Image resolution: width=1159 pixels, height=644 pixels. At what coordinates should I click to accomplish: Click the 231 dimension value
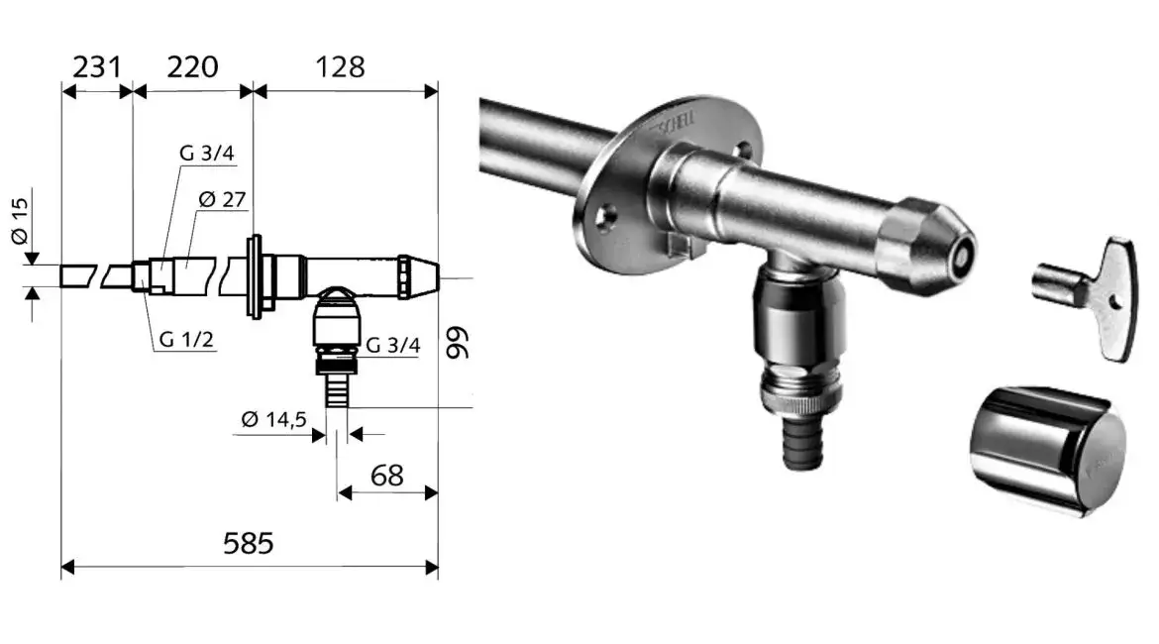pos(97,67)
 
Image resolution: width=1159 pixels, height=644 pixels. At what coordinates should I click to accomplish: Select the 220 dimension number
pos(192,67)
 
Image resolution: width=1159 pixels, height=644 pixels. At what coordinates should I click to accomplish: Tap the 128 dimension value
pos(340,67)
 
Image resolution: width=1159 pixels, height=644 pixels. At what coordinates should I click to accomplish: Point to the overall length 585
pos(249,544)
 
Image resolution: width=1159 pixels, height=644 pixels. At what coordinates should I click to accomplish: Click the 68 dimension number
pos(386,476)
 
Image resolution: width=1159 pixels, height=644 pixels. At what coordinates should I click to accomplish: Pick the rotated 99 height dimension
pos(459,343)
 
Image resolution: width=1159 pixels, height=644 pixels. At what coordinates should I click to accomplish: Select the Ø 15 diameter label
pos(20,220)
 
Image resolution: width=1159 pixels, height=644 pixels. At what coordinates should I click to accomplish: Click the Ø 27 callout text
pos(223,199)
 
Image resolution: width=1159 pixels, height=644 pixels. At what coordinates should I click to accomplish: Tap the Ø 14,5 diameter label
pos(273,420)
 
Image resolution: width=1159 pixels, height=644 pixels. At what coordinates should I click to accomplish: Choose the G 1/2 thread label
pos(186,340)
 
